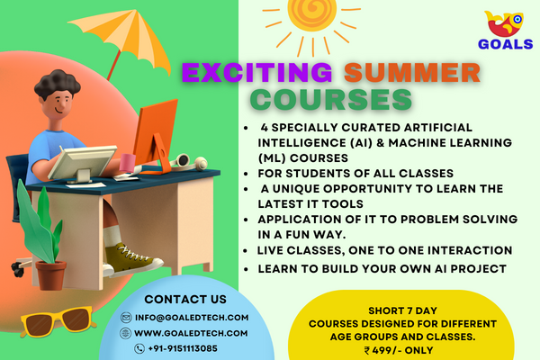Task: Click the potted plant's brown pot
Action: (x=51, y=274)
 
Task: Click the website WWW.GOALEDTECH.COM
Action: (x=190, y=332)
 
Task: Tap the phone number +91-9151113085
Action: (x=183, y=348)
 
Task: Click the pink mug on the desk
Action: (x=129, y=162)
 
